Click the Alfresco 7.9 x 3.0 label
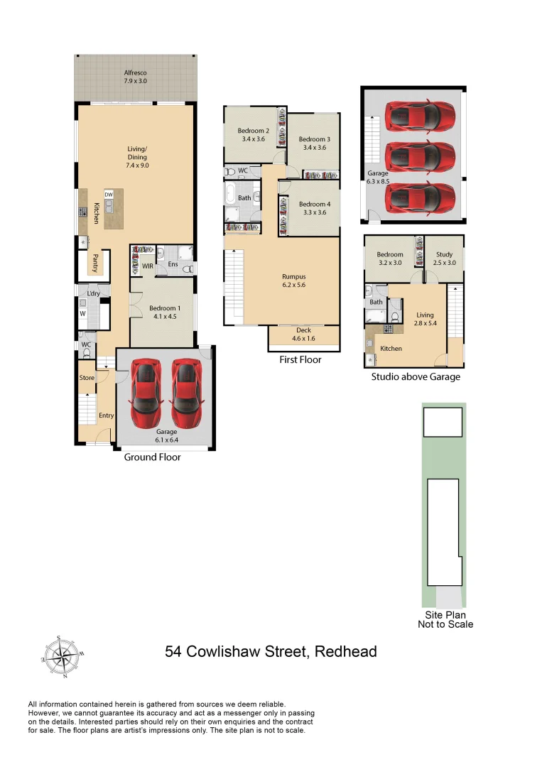click(x=135, y=77)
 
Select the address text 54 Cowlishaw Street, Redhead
click(x=271, y=651)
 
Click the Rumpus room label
click(x=293, y=281)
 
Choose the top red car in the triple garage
click(x=419, y=115)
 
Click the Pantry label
click(x=94, y=263)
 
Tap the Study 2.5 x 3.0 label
click(x=445, y=259)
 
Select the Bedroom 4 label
click(x=314, y=208)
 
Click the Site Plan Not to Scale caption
click(x=445, y=619)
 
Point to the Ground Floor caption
click(x=152, y=457)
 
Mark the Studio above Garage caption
click(x=416, y=377)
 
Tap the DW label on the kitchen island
click(x=109, y=194)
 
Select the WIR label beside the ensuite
click(x=148, y=266)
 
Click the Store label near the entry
click(x=87, y=378)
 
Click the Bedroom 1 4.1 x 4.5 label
click(x=165, y=312)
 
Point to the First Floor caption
click(x=300, y=360)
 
